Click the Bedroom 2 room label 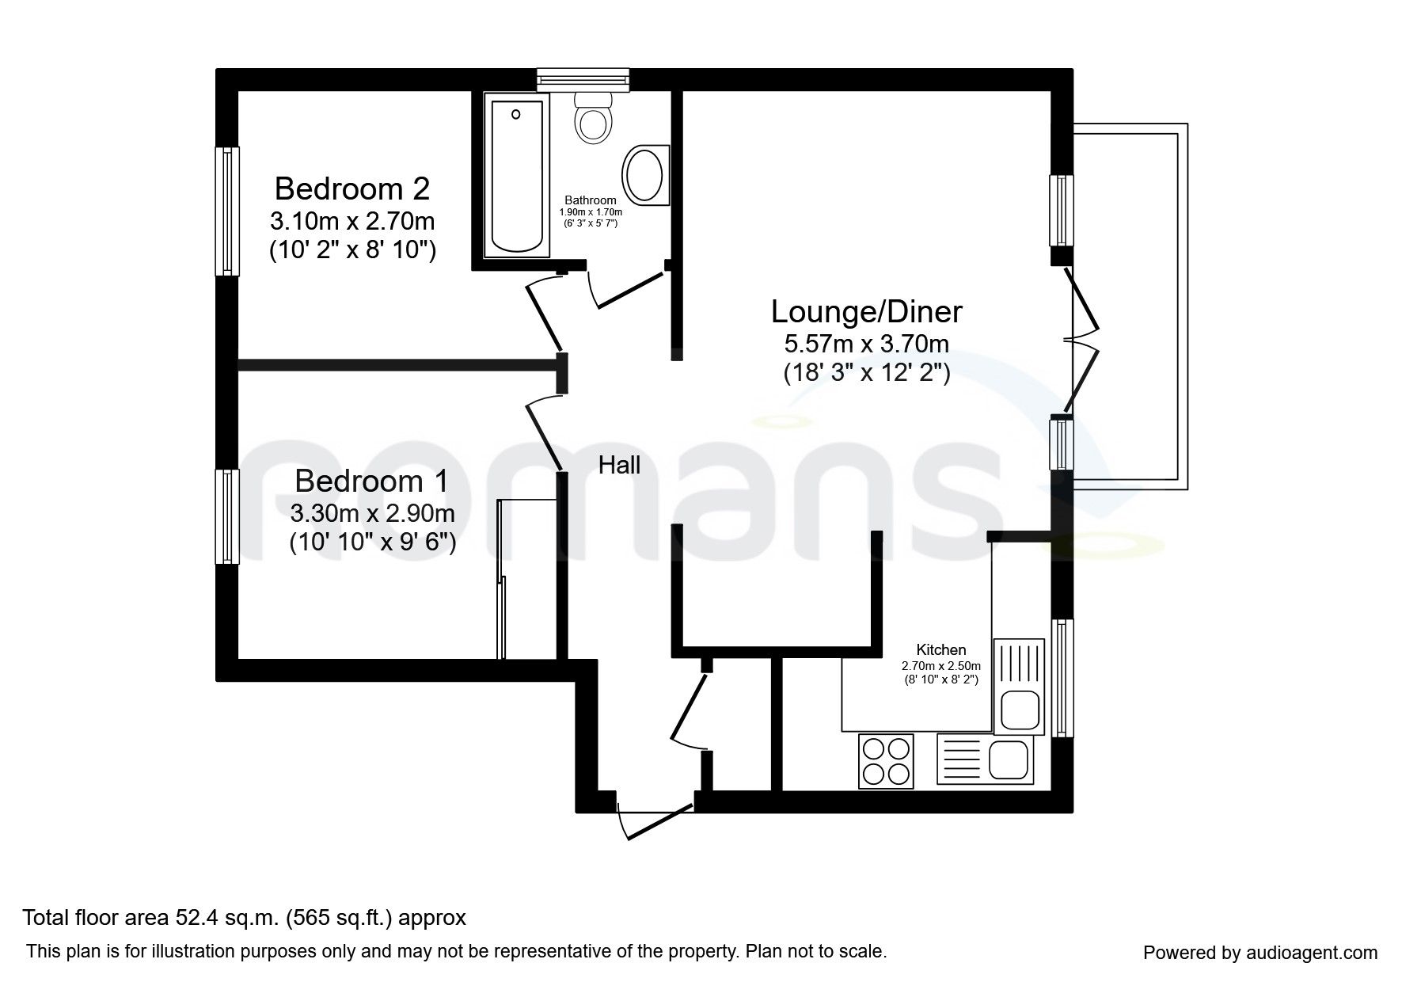[352, 189]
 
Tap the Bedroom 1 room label [371, 481]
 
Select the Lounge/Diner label [866, 311]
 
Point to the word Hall [619, 465]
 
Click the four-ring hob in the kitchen [886, 760]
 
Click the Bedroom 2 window [228, 211]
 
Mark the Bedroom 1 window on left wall [228, 516]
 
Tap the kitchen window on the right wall [1062, 678]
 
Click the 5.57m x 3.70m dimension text [866, 344]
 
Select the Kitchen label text [941, 650]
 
